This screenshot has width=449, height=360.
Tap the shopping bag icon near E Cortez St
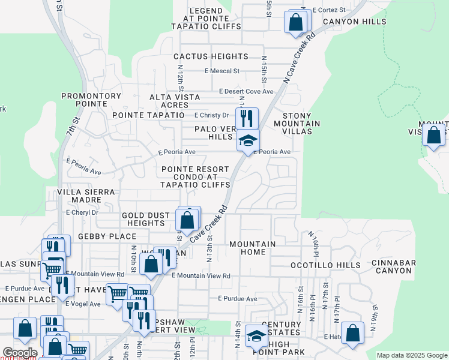tap(296, 23)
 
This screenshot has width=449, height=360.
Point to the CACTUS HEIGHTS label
tap(211, 56)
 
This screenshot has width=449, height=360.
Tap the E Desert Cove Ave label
tap(246, 92)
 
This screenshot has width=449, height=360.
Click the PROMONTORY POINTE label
tap(92, 100)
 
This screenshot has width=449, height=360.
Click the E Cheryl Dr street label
tap(82, 212)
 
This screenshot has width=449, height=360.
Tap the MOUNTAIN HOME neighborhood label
tap(253, 248)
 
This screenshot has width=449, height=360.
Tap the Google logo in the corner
tap(20, 353)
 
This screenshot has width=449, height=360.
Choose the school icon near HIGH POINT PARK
tap(256, 336)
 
